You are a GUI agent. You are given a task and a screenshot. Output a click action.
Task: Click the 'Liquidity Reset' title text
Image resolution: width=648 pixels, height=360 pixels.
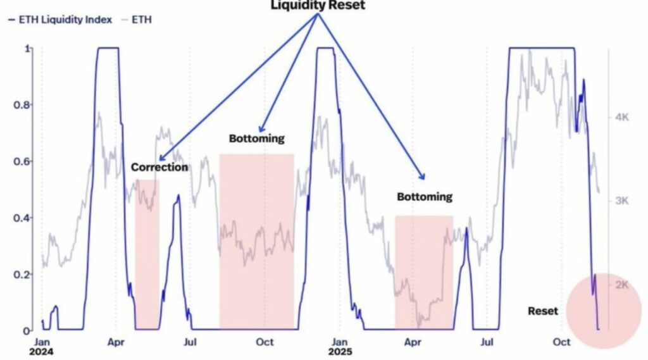(x=318, y=6)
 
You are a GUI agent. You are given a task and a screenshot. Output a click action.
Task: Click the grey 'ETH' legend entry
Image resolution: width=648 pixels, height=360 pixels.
(x=141, y=20)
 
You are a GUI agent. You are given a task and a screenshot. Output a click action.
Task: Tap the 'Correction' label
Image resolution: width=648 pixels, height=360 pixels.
(x=159, y=168)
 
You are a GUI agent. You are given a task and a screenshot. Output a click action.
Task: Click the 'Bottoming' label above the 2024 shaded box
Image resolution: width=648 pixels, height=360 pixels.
(x=256, y=138)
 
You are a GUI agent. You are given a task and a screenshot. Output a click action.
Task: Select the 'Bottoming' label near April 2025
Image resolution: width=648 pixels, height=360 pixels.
(x=425, y=197)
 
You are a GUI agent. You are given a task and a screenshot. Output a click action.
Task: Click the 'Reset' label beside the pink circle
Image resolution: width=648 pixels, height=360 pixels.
(x=544, y=311)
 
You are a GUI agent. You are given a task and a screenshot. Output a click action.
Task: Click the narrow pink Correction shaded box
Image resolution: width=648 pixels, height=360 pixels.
(x=147, y=253)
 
